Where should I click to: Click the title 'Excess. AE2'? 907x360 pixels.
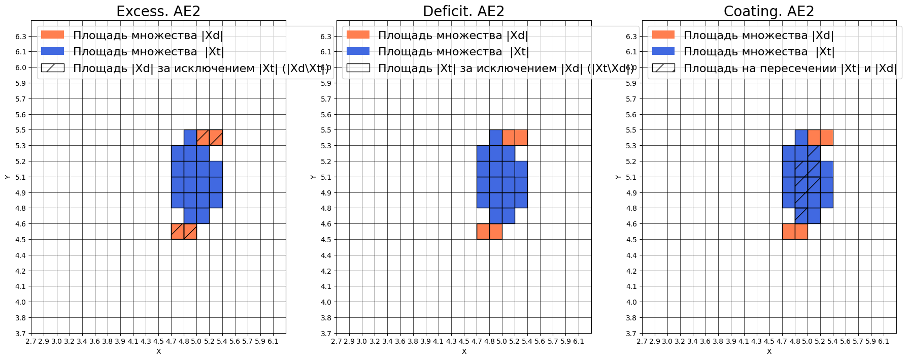click(x=158, y=11)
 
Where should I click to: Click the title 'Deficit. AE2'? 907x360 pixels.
click(x=463, y=11)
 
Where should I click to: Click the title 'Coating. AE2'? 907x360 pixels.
click(x=768, y=11)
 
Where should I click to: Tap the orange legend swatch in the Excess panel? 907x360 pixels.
click(x=53, y=35)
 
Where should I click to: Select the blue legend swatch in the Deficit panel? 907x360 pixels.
click(x=358, y=51)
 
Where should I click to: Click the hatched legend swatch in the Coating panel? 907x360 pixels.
click(x=663, y=68)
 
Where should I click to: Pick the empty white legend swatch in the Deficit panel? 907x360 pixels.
click(x=358, y=68)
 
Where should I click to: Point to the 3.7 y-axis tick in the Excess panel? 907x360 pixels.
click(x=20, y=334)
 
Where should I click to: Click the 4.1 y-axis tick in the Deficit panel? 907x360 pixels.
click(x=325, y=286)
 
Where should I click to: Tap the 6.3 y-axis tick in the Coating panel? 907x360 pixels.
click(x=631, y=37)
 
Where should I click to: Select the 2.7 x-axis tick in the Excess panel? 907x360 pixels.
click(x=31, y=342)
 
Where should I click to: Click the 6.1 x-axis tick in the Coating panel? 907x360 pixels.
click(x=884, y=342)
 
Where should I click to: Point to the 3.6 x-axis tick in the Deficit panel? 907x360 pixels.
click(x=400, y=342)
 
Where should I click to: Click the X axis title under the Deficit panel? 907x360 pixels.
click(x=464, y=351)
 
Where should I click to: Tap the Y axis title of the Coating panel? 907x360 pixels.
click(x=618, y=177)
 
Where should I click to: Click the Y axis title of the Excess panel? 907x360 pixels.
click(x=7, y=177)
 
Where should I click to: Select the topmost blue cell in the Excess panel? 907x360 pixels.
click(x=190, y=138)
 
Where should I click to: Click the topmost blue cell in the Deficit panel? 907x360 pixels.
click(x=496, y=138)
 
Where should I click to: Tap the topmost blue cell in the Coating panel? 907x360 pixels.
click(x=801, y=138)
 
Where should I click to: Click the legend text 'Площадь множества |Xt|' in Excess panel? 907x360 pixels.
click(x=148, y=52)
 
